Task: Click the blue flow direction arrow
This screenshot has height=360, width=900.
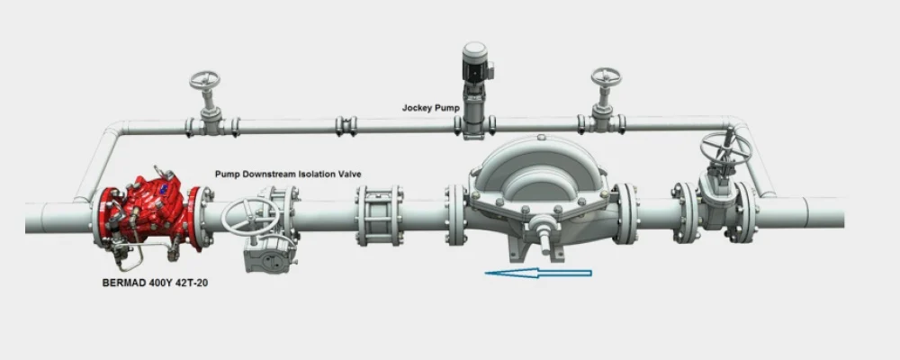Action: click(538, 274)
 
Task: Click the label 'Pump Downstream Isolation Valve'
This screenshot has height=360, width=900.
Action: click(288, 173)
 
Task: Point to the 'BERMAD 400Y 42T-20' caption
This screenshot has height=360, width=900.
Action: click(155, 283)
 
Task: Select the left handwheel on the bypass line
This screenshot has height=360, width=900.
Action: click(205, 79)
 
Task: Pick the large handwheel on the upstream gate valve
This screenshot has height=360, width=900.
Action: click(724, 148)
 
